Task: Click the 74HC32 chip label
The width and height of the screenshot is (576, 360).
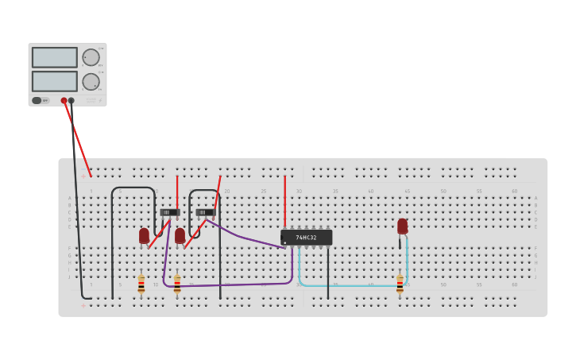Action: [x=306, y=237]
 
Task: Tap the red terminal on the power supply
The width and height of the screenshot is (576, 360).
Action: [x=64, y=101]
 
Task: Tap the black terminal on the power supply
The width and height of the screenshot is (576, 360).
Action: [x=72, y=101]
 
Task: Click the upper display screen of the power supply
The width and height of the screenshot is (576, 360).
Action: [x=55, y=57]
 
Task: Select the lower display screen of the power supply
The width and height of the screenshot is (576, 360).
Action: [x=55, y=81]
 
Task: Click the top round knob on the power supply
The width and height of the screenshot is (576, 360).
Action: [x=91, y=57]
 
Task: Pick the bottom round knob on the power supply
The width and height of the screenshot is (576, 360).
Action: [x=91, y=81]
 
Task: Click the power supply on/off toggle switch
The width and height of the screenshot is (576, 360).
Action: [x=37, y=101]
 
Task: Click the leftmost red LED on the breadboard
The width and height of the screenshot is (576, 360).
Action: [x=144, y=235]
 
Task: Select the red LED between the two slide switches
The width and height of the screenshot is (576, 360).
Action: [x=180, y=235]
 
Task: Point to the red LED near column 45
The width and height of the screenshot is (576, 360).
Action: [x=403, y=226]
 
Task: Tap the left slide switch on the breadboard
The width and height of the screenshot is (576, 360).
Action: [x=169, y=212]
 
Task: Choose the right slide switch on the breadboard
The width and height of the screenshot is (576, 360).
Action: [x=205, y=212]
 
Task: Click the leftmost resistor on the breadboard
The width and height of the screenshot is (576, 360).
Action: [x=141, y=284]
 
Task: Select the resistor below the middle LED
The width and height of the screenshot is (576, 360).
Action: [x=177, y=284]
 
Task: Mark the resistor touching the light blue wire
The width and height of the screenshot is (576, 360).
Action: [x=400, y=284]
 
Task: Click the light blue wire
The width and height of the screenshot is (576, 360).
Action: [x=350, y=285]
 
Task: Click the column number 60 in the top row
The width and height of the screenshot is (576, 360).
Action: [x=514, y=191]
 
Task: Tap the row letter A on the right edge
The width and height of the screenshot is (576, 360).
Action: [x=535, y=199]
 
